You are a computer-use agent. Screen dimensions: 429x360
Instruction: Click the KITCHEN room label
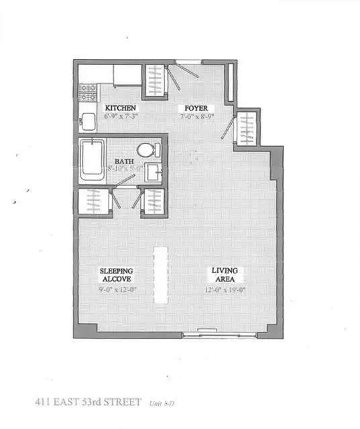(121, 107)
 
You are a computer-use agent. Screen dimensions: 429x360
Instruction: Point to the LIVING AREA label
(225, 275)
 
